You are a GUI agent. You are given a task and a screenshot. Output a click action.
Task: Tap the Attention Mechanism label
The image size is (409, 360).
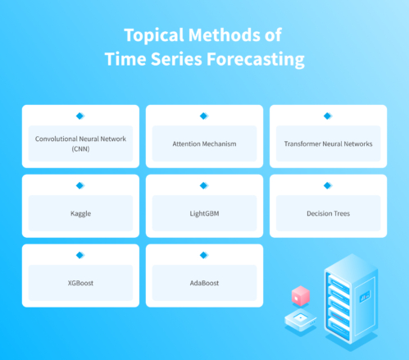click(x=204, y=144)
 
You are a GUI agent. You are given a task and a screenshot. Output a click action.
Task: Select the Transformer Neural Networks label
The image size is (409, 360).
click(x=328, y=144)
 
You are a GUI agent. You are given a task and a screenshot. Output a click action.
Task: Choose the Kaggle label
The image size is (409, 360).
click(x=80, y=213)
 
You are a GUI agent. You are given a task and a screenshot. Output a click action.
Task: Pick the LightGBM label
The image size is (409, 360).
click(x=204, y=213)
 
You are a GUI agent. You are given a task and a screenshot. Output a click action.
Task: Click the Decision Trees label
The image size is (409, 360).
click(x=328, y=213)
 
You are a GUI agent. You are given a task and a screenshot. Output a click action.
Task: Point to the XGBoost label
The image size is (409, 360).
click(x=80, y=283)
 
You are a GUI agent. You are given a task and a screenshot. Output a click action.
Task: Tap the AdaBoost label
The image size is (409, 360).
click(x=204, y=283)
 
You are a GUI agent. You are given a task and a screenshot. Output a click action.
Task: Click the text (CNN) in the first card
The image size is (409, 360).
click(x=80, y=149)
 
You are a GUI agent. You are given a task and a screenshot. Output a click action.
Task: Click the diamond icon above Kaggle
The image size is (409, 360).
click(x=80, y=186)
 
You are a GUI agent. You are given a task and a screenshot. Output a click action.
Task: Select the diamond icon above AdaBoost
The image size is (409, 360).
click(x=204, y=256)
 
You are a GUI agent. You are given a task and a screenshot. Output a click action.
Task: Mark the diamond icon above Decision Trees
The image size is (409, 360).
click(x=328, y=186)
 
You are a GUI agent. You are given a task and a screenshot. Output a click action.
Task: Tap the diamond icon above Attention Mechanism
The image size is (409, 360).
click(x=204, y=116)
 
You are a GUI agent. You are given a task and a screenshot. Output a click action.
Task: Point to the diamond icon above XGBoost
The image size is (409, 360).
click(x=80, y=256)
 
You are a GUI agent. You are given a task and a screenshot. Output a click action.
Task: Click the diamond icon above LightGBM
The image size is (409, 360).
click(x=204, y=186)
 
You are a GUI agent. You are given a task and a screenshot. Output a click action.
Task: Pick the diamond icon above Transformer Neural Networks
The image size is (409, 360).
click(x=328, y=116)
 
